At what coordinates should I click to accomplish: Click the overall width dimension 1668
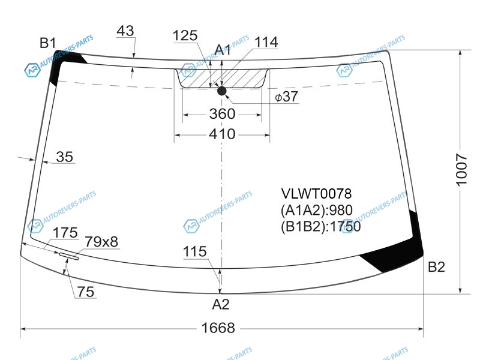click(218, 328)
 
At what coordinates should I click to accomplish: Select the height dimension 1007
click(461, 170)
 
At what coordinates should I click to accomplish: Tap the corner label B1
click(48, 43)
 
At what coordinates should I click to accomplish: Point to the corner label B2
click(436, 267)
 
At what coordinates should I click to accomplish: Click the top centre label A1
click(223, 50)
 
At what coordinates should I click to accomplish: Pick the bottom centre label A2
click(221, 304)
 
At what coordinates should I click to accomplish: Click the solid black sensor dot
click(221, 91)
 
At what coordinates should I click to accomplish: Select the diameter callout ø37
click(286, 97)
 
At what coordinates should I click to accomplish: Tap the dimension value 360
click(222, 114)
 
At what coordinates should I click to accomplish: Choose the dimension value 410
click(222, 134)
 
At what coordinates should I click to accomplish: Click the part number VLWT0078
click(317, 193)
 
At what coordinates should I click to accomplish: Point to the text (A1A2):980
click(317, 210)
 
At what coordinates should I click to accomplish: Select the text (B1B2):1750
click(320, 227)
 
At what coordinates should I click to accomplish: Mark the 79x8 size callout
click(101, 242)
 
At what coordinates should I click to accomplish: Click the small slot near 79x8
click(69, 256)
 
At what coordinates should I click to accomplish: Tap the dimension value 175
click(65, 233)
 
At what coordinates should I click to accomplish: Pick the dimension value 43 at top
click(125, 31)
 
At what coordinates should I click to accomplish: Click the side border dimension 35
click(65, 157)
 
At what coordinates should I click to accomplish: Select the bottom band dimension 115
click(194, 251)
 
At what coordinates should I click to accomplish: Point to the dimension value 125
click(185, 35)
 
